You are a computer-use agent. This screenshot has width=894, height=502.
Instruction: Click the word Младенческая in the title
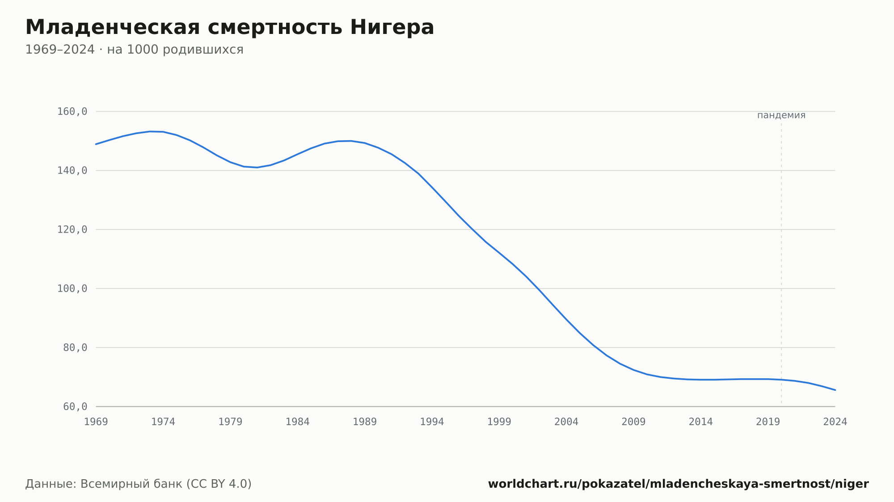tap(113, 28)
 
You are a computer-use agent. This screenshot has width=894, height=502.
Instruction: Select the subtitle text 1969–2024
tap(60, 50)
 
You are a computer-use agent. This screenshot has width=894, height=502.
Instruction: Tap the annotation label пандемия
tap(781, 115)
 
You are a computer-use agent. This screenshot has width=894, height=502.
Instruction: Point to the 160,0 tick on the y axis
tap(72, 112)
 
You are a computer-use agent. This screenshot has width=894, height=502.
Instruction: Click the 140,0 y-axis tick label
tap(72, 171)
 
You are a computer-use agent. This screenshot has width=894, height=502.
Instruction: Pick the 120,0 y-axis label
tap(72, 230)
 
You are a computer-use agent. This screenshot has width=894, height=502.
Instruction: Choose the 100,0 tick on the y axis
tap(72, 289)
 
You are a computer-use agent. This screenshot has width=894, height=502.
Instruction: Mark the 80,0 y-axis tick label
tap(75, 347)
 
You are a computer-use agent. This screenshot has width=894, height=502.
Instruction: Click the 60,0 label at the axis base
tap(75, 406)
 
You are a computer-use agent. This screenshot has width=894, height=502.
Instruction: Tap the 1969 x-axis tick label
tap(96, 422)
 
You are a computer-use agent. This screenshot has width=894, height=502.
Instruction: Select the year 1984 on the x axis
tap(298, 422)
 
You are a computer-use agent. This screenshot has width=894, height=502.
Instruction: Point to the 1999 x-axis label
tap(499, 422)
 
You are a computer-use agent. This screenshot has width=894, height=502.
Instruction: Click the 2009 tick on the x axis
tap(633, 422)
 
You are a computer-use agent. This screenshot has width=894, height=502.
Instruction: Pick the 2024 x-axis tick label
tap(835, 422)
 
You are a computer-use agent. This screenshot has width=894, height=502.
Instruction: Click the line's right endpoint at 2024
tap(835, 390)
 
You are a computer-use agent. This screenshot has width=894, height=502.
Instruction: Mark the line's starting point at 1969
tap(96, 144)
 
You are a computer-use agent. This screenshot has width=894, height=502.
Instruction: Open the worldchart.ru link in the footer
tap(678, 484)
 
